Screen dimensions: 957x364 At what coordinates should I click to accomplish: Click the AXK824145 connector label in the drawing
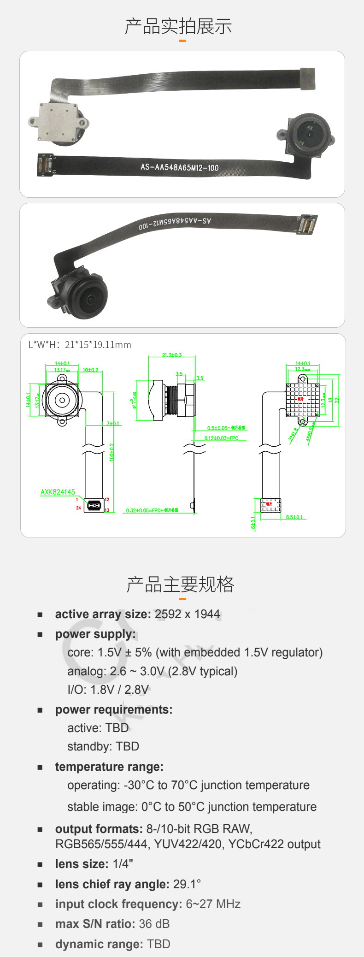(58, 492)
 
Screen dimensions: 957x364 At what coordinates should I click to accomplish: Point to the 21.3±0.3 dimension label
(172, 355)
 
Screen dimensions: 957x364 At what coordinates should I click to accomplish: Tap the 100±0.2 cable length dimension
(112, 452)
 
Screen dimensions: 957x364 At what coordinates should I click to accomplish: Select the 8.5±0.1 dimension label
(294, 517)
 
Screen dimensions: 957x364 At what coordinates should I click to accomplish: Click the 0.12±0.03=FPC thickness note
(222, 438)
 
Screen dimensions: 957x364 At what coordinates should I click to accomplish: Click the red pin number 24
(78, 508)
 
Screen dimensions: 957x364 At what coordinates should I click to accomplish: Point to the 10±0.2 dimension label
(90, 370)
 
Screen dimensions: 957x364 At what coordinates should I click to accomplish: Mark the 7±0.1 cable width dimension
(113, 423)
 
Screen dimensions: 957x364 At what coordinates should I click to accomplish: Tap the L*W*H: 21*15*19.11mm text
(80, 345)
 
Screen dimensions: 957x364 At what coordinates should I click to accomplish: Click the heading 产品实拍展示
(178, 27)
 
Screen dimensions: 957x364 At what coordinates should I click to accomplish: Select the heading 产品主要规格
(181, 584)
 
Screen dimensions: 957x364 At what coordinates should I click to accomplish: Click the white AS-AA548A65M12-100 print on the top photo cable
(180, 167)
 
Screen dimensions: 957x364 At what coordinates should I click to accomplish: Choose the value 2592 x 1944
(188, 614)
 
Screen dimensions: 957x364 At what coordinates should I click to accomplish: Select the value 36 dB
(154, 924)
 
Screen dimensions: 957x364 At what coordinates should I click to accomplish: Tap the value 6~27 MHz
(213, 904)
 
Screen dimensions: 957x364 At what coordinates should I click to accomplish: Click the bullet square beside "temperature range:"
(40, 767)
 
